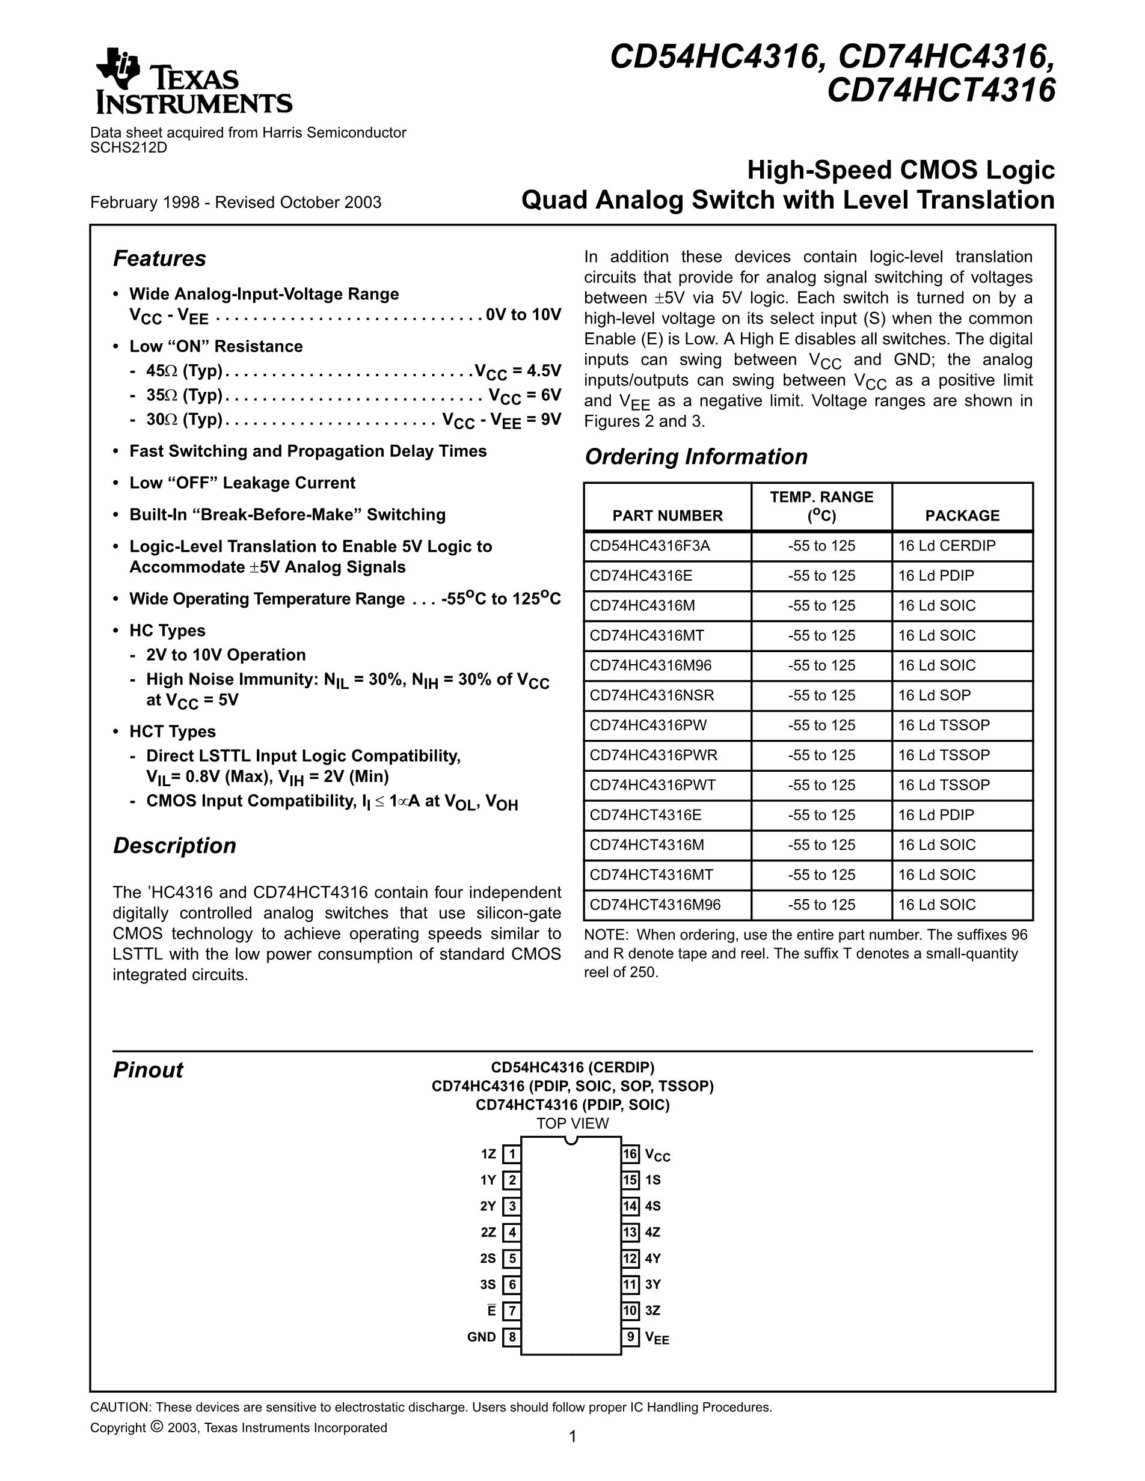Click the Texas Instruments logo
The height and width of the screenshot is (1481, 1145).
193,81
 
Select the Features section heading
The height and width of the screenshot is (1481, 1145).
159,258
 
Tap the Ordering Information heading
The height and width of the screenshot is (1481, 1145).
696,456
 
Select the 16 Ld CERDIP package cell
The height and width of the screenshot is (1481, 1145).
947,546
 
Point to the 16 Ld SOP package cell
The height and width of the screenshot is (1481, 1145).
934,695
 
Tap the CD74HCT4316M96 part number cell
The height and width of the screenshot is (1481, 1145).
655,905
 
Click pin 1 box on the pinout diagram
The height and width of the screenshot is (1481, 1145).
511,1154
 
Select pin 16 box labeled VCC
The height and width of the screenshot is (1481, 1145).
630,1154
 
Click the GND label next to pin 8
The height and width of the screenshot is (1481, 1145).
482,1337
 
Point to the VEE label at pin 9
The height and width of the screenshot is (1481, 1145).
657,1338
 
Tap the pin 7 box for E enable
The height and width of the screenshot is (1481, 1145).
511,1311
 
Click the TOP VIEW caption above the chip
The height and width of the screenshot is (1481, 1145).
572,1123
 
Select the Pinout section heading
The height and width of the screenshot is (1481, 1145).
148,1070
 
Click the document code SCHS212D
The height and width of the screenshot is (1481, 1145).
128,147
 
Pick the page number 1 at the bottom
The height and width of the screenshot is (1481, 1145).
572,1437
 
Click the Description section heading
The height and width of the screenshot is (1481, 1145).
174,846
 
